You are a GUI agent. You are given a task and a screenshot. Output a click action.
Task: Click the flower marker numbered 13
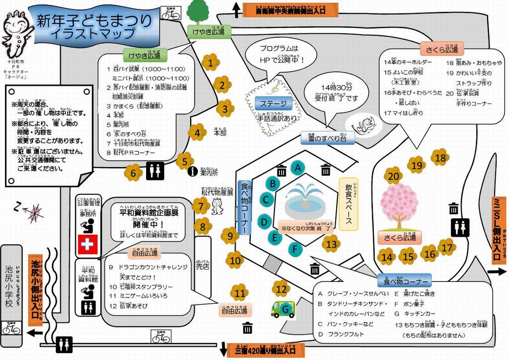pyautogui.click(x=331, y=244)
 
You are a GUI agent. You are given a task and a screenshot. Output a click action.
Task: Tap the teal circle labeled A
pyautogui.click(x=297, y=168)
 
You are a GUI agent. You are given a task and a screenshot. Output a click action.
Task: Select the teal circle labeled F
pyautogui.click(x=295, y=248)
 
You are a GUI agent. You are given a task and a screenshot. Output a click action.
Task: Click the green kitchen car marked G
pyautogui.click(x=283, y=309)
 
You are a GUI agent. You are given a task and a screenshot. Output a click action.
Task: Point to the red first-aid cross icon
pyautogui.click(x=87, y=244)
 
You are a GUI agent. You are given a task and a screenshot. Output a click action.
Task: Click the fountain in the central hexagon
pyautogui.click(x=304, y=198)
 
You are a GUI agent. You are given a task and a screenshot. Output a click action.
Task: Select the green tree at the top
pyautogui.click(x=198, y=12)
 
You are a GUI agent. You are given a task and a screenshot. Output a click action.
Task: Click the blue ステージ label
pyautogui.click(x=273, y=103)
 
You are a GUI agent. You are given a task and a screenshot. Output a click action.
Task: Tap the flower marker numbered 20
pyautogui.click(x=393, y=176)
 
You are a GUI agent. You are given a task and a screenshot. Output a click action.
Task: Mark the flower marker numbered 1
pyautogui.click(x=211, y=63)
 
